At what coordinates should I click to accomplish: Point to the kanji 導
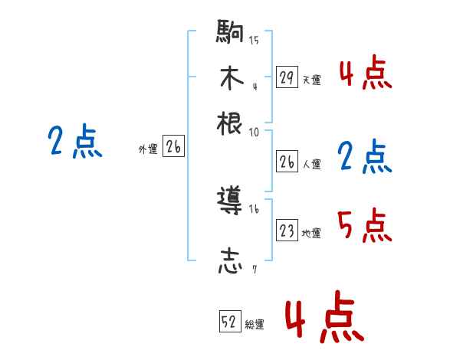tap(230, 202)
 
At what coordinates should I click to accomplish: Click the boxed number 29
tap(287, 77)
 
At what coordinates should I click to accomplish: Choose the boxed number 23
tap(287, 231)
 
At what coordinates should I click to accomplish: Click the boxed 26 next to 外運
tap(173, 148)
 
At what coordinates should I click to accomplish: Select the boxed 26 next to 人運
tap(287, 162)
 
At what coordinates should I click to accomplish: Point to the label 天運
tap(311, 79)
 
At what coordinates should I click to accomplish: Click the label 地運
tap(311, 233)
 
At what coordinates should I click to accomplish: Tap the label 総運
tap(255, 324)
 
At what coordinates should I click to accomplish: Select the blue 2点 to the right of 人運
tap(364, 156)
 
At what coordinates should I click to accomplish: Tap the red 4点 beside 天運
tap(365, 74)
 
